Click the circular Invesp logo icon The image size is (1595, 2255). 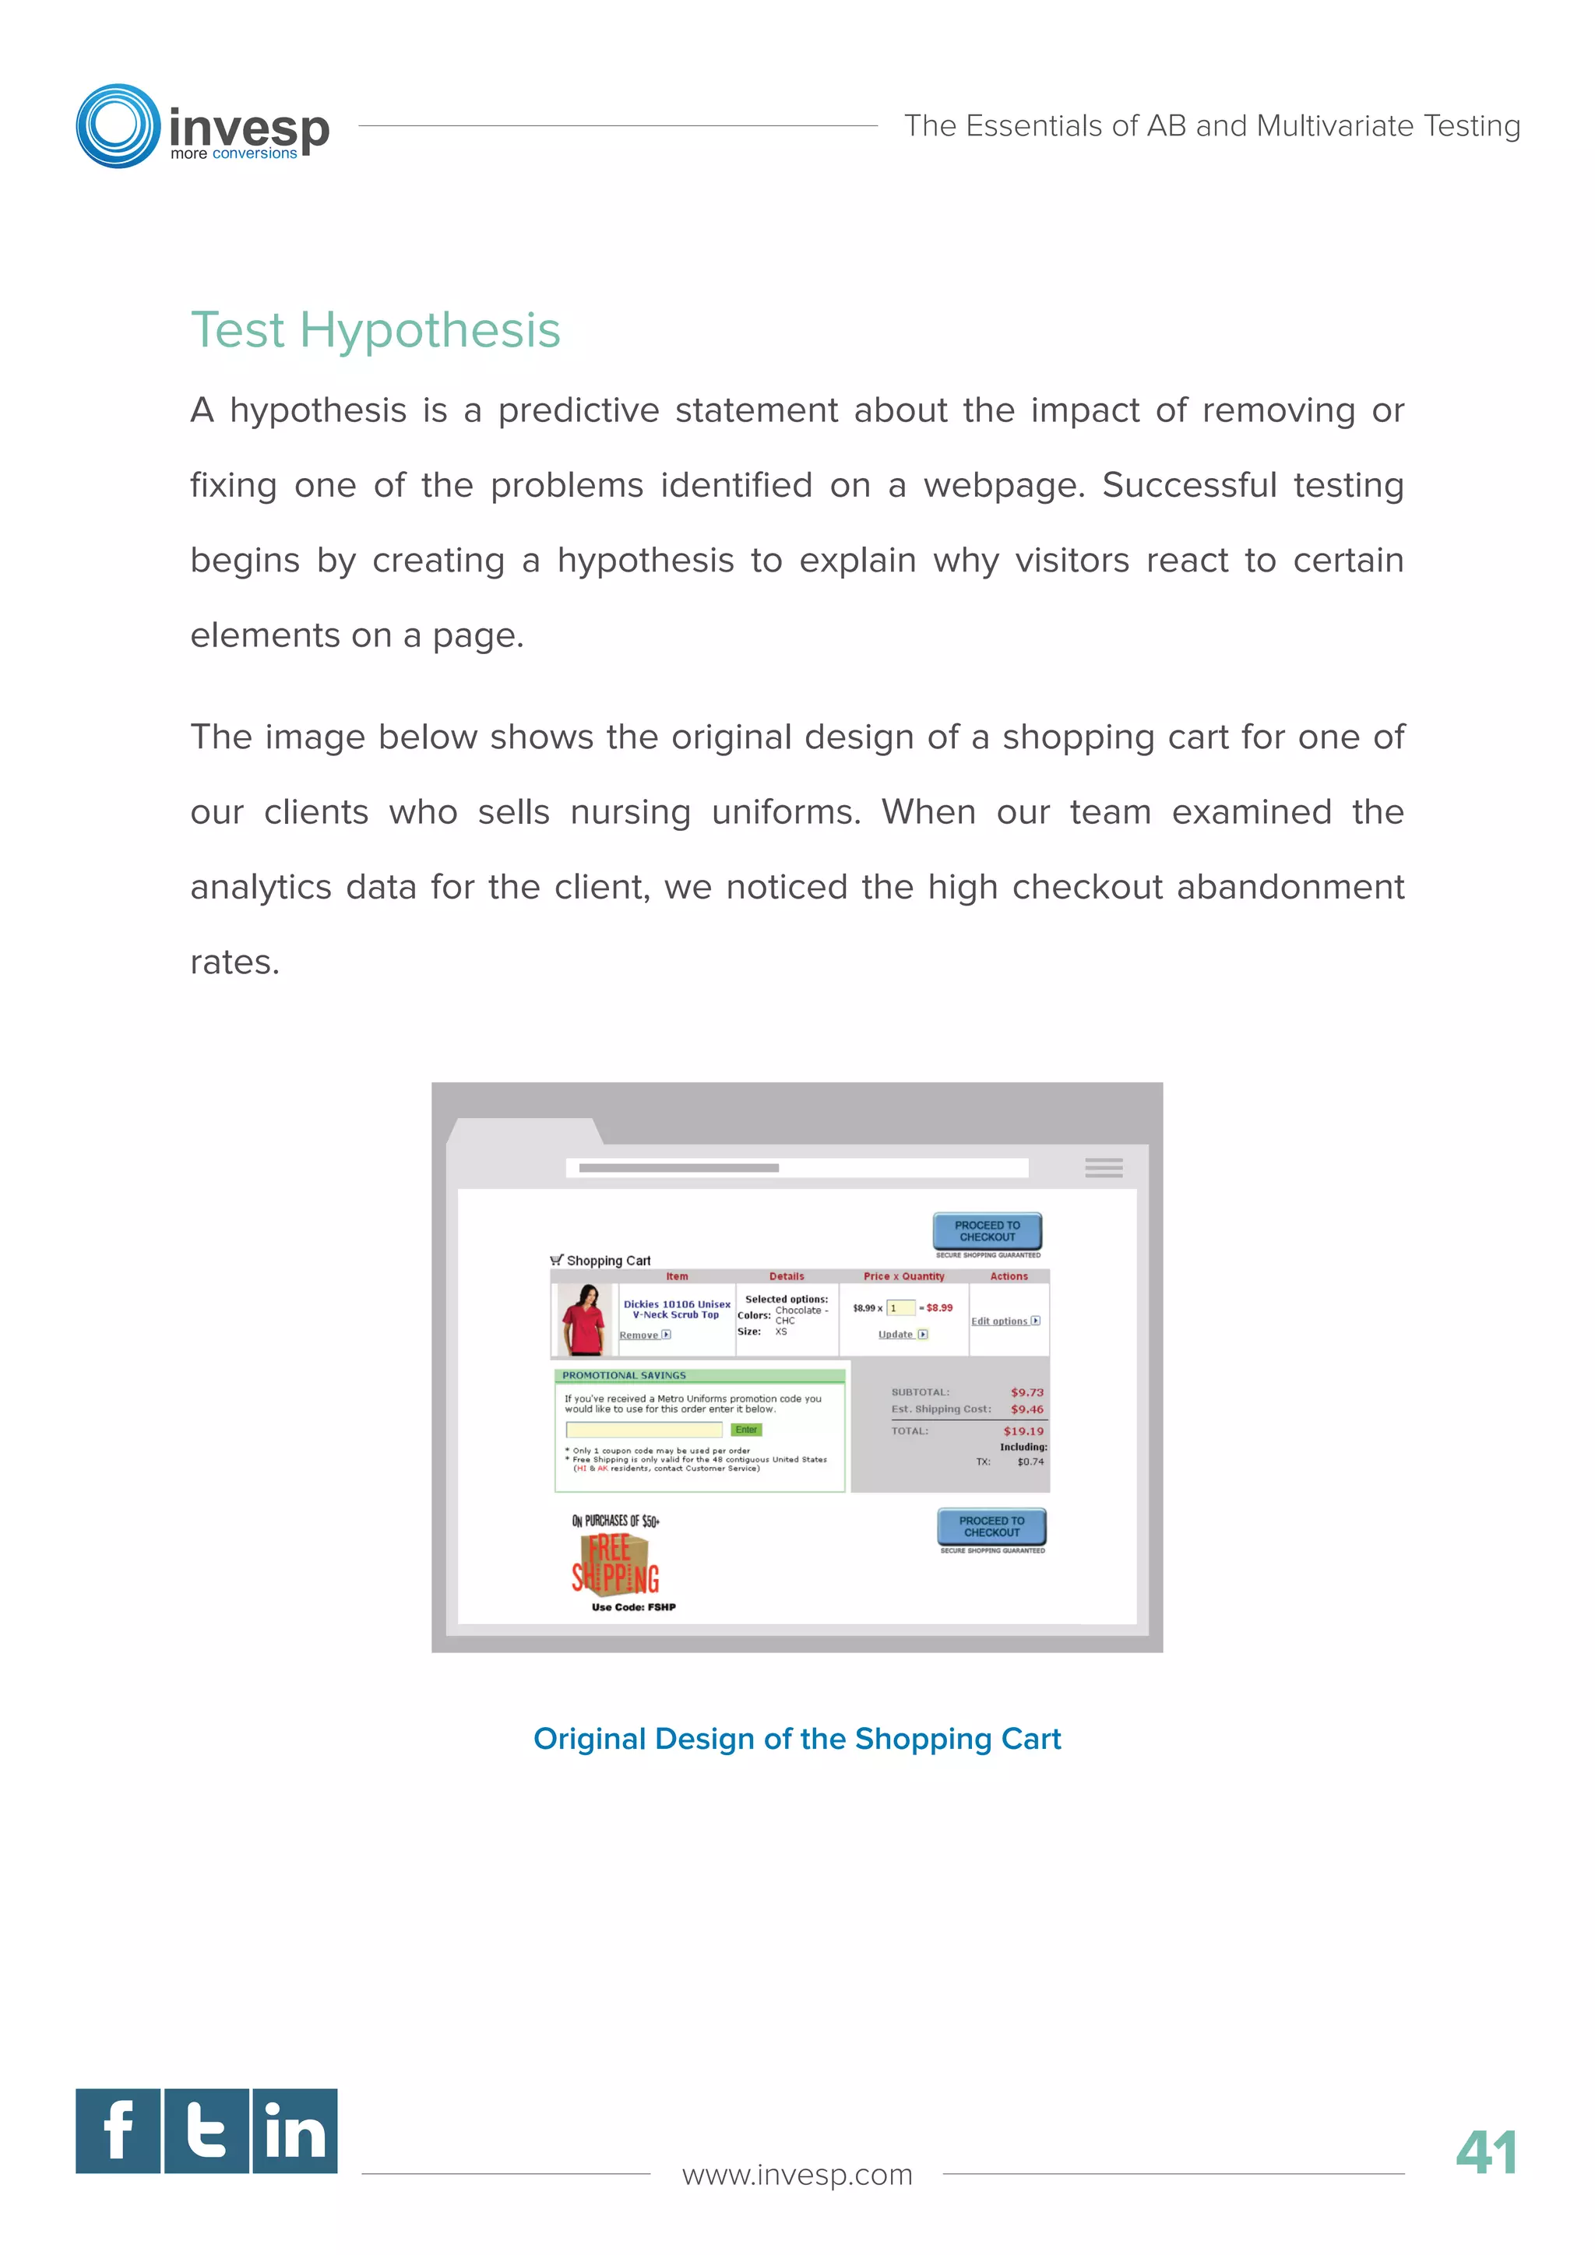(118, 125)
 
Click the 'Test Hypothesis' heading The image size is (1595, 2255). (375, 330)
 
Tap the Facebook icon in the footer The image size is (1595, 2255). (118, 2130)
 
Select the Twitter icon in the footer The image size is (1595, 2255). (206, 2130)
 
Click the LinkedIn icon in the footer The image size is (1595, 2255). (294, 2130)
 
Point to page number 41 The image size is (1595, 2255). (1486, 2153)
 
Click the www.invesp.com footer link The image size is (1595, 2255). (797, 2175)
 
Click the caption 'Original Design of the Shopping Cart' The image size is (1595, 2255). (797, 1739)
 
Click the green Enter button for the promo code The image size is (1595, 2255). (746, 1430)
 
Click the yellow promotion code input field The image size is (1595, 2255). (643, 1430)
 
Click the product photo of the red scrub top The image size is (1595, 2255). (583, 1319)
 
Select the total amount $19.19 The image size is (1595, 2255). (1023, 1431)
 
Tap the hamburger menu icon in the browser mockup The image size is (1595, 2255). (1103, 1168)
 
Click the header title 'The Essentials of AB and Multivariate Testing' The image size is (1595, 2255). (1212, 125)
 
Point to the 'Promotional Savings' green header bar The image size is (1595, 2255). (699, 1375)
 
